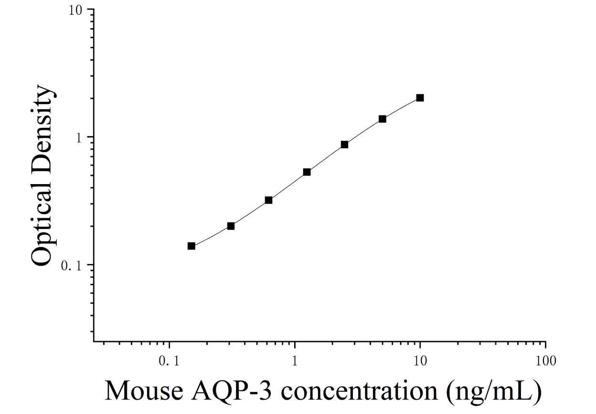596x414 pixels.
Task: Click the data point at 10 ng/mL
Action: [420, 98]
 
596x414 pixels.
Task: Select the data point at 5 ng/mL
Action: [383, 119]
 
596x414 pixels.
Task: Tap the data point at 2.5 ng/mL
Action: [345, 145]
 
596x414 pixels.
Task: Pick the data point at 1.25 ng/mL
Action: [307, 172]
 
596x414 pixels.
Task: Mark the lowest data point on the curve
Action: [192, 246]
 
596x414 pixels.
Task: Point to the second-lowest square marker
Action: [231, 226]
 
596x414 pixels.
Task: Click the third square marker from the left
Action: [269, 200]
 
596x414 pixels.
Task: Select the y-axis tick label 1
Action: [79, 138]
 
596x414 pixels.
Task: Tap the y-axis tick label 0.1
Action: [71, 266]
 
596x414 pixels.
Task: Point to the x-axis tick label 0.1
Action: [169, 361]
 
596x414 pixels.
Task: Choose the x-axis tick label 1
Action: [295, 361]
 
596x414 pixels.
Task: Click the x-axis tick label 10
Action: [420, 361]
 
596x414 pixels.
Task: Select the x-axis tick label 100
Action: [546, 361]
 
